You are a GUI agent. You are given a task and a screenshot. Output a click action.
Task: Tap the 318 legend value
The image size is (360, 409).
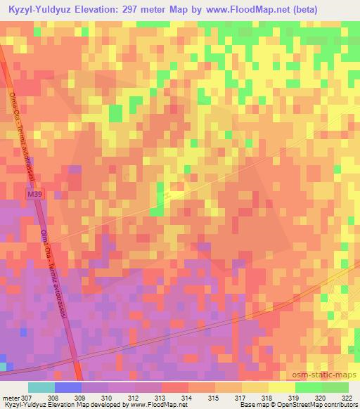click(268, 398)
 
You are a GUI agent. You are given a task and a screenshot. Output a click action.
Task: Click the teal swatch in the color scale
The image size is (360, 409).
click(41, 387)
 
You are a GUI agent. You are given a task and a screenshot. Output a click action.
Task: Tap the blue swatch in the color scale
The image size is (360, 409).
click(67, 387)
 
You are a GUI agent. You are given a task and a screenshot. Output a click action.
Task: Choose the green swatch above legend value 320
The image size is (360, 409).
click(308, 387)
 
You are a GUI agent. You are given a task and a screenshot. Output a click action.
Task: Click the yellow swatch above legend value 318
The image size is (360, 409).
click(281, 387)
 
